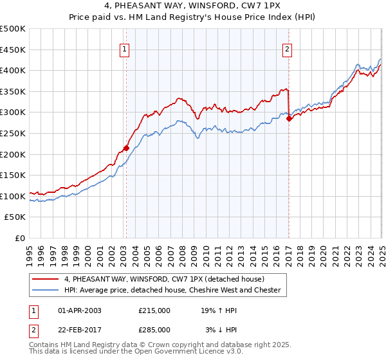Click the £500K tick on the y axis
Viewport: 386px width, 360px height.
click(13, 29)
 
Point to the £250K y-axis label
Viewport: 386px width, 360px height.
click(13, 133)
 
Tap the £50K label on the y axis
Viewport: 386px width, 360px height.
click(15, 217)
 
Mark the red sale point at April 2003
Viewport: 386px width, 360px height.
click(126, 148)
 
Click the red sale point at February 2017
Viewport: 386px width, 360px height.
click(289, 118)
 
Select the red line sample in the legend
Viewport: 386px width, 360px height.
click(46, 279)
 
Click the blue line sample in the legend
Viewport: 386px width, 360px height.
click(46, 290)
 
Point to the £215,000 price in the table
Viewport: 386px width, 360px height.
click(154, 310)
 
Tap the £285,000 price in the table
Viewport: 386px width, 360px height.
click(154, 329)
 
